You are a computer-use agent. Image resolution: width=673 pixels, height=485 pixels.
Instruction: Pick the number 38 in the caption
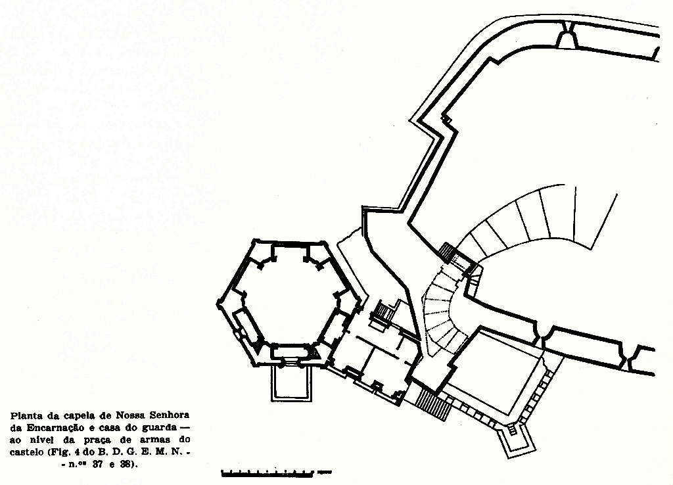[131, 465]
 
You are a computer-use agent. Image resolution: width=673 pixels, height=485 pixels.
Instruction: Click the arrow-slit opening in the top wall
[565, 38]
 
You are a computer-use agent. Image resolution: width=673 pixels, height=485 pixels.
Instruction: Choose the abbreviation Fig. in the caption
[72, 453]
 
